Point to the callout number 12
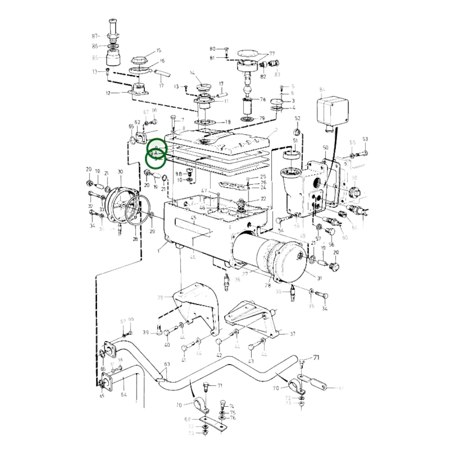[x=108, y=93]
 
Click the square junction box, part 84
[x=332, y=110]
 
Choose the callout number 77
[x=272, y=54]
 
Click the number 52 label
[x=298, y=118]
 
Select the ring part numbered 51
[x=292, y=155]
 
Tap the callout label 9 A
[x=154, y=153]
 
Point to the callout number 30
[x=120, y=172]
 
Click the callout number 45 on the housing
[x=193, y=218]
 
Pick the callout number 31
[x=319, y=278]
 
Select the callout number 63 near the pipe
[x=167, y=364]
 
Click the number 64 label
[x=124, y=395]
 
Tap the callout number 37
[x=293, y=334]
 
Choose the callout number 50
[x=326, y=147]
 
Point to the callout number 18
[x=228, y=122]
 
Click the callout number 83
[x=277, y=75]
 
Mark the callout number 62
[x=137, y=122]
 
